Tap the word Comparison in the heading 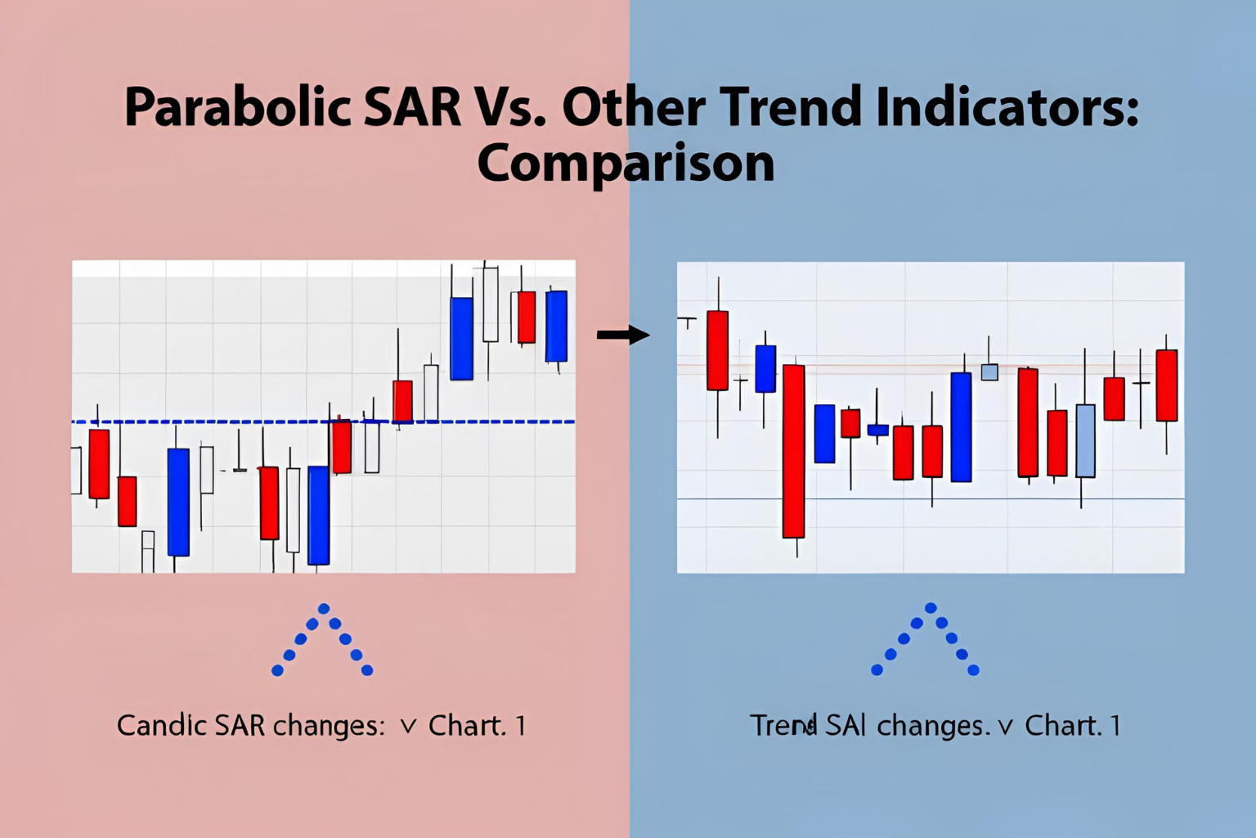[x=626, y=163]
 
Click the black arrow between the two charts [x=622, y=335]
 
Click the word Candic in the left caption [x=161, y=725]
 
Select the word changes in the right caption [x=932, y=725]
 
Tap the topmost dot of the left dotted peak [x=324, y=609]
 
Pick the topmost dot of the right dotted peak [x=931, y=608]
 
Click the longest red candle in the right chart [x=793, y=451]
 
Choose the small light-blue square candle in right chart [x=989, y=372]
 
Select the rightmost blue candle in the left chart [x=556, y=326]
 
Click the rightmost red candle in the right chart [x=1167, y=385]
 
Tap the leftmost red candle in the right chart [x=717, y=350]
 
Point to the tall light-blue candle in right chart [x=1085, y=440]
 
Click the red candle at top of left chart [x=527, y=317]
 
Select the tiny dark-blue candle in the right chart [x=877, y=430]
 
